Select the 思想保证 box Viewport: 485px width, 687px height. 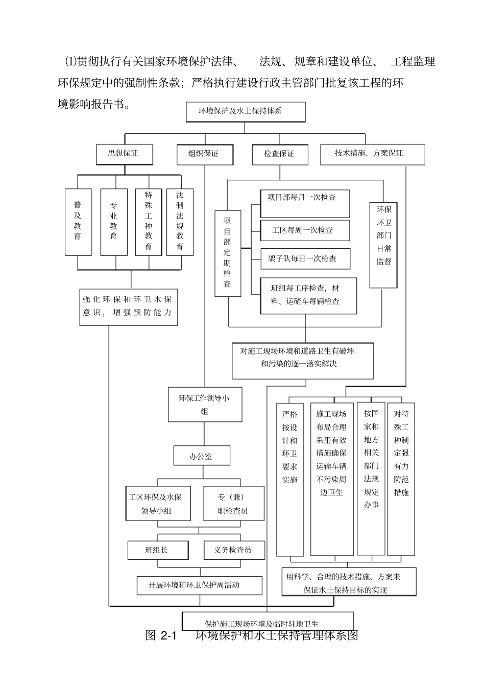coord(124,154)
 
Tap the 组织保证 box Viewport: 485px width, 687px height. coord(204,154)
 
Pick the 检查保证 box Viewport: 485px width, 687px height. coord(280,154)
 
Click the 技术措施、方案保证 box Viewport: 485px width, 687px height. coord(372,154)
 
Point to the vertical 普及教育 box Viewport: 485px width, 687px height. coord(78,222)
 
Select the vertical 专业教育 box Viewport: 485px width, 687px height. coord(113,222)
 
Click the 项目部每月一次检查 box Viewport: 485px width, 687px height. coord(305,203)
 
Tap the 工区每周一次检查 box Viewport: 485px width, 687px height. coord(305,230)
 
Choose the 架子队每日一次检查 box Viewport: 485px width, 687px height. coord(305,258)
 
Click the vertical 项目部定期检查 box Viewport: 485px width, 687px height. coord(227,253)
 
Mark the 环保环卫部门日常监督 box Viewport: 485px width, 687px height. coord(383,245)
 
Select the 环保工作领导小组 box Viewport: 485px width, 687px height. coord(205,405)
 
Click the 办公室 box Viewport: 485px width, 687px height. coord(202,456)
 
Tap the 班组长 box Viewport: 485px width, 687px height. coord(157,550)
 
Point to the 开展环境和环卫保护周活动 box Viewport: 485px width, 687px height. coord(199,585)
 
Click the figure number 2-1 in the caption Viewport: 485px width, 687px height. coord(167,636)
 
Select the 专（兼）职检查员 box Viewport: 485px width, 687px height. coord(233,503)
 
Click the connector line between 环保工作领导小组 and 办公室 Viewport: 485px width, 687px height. coord(204,434)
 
